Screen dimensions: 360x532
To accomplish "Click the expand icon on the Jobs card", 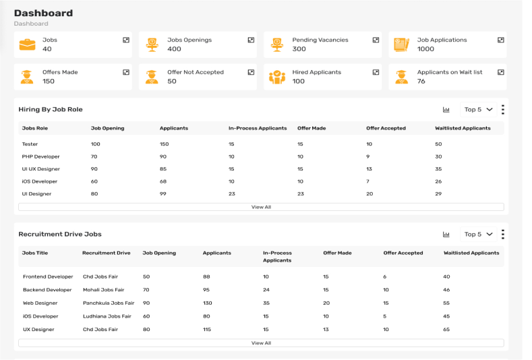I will pos(126,40).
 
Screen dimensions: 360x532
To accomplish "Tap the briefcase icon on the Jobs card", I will pos(28,44).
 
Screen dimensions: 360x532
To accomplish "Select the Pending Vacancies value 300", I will pos(299,49).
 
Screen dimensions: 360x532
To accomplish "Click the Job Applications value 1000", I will pos(425,49).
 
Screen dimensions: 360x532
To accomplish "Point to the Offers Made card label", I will pos(60,72).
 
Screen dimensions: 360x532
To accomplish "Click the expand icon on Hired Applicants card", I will pos(376,72).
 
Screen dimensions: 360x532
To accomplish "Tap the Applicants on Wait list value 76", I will pos(421,82).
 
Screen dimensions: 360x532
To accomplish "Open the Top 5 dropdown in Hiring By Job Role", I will pos(479,109).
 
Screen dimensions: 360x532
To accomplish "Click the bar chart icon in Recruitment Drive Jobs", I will pos(446,235).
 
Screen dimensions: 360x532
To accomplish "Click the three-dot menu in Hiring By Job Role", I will pos(503,109).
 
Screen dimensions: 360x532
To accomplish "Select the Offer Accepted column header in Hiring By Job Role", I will pos(386,128).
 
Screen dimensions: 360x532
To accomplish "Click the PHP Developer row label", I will pos(41,156).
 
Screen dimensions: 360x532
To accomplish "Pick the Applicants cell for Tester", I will pos(165,144).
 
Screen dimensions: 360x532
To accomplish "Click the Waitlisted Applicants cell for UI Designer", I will pos(438,194).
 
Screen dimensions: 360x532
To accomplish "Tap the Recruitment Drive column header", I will pos(107,253).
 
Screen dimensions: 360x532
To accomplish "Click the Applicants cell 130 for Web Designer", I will pos(208,303).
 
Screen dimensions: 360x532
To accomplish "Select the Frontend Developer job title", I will pos(48,277).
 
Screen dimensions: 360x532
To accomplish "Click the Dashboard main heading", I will pos(43,13).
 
